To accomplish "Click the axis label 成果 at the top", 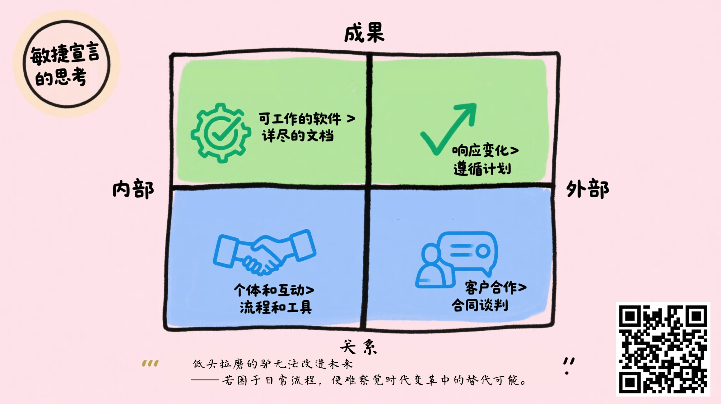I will [364, 33].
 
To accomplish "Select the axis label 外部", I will [588, 189].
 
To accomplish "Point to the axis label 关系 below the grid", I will [358, 347].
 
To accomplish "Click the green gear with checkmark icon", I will [221, 133].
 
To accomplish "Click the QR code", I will [663, 349].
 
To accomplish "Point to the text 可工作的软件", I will [300, 119].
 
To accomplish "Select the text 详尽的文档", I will [298, 136].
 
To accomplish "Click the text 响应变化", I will [481, 151].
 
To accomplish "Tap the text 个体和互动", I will [269, 290].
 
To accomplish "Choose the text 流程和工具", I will [276, 307].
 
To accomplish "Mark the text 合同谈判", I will [480, 305].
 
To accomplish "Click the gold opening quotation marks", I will [150, 363].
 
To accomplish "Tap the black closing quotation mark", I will [569, 365].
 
